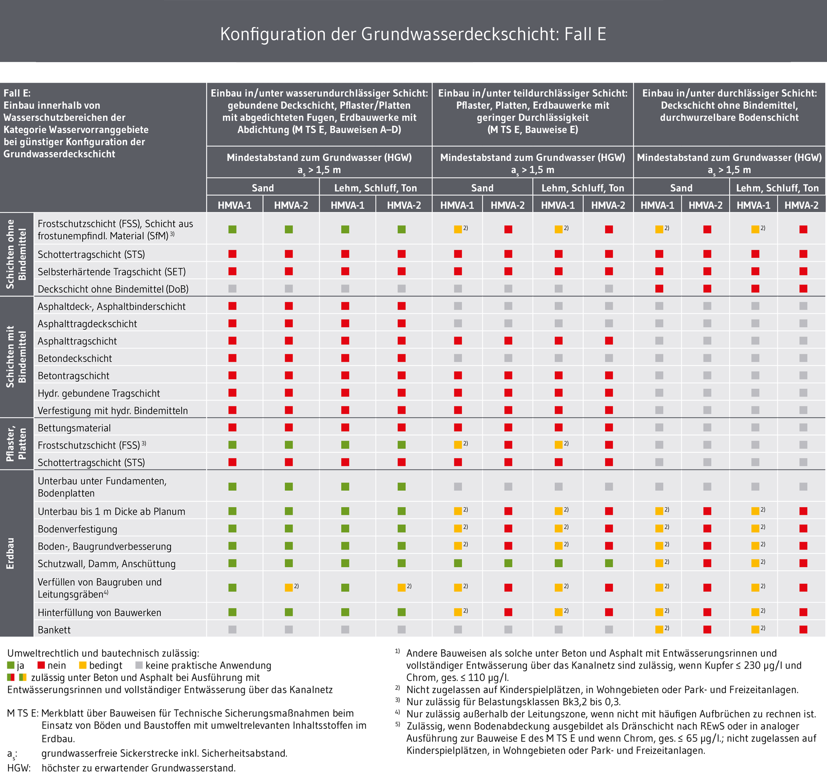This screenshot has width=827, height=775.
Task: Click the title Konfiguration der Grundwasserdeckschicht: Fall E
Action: click(413, 34)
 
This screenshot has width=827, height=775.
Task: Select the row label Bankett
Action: click(54, 630)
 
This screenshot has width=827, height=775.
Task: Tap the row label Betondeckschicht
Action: click(75, 358)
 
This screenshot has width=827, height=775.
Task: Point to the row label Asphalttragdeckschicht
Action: click(87, 324)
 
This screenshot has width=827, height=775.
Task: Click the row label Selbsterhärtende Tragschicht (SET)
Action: click(112, 272)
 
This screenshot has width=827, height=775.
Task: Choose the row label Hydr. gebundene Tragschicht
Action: click(99, 393)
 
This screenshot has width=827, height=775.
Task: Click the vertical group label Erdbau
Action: click(10, 553)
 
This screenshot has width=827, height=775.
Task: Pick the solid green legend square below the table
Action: click(11, 665)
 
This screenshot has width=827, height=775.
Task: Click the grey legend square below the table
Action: click(139, 665)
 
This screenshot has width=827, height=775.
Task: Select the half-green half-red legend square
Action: click(11, 677)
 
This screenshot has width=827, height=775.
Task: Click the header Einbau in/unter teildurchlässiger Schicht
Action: click(532, 93)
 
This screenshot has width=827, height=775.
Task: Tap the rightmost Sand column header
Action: click(681, 188)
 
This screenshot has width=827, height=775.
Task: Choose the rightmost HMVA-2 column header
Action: click(801, 206)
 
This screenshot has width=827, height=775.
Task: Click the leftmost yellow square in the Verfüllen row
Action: click(289, 587)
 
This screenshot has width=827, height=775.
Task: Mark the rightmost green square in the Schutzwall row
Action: click(609, 563)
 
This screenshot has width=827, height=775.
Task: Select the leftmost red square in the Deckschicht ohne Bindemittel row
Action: click(659, 289)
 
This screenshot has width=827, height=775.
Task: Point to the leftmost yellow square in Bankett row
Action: click(659, 629)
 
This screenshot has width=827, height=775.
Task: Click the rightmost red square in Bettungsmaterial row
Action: click(609, 428)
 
